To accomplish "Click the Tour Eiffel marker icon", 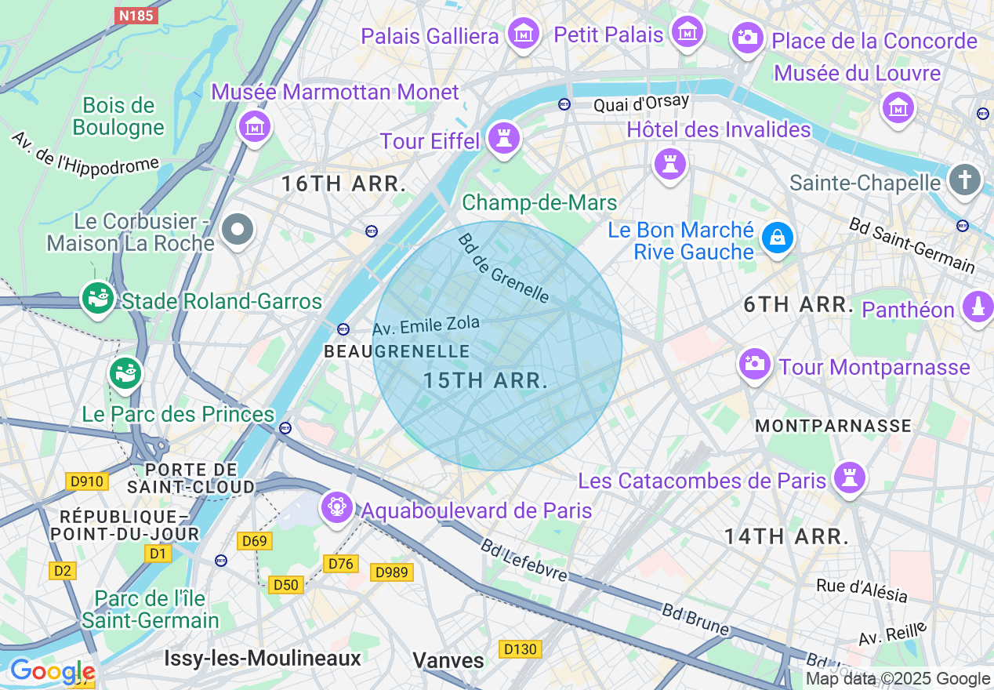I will (x=503, y=139).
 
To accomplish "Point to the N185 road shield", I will (x=136, y=15).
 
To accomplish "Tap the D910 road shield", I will (x=86, y=481).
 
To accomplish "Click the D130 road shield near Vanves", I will (x=521, y=648).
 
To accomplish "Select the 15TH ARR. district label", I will (x=485, y=381).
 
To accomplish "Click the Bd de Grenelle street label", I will (x=504, y=268).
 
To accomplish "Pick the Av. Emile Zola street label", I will (x=426, y=325).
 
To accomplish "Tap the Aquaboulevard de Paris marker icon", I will (x=337, y=507).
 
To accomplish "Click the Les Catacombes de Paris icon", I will (x=850, y=476).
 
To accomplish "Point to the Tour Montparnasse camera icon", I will (x=754, y=363).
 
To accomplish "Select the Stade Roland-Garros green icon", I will (x=98, y=299).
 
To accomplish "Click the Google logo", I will (x=52, y=671).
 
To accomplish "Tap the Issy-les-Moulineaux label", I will (x=263, y=658).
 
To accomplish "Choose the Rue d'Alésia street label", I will (x=862, y=590).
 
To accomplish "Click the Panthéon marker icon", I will (x=977, y=307).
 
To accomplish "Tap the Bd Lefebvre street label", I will (x=524, y=560).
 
